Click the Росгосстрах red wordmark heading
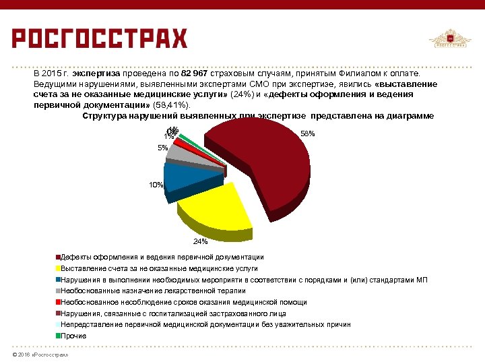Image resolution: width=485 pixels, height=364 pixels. [100, 38]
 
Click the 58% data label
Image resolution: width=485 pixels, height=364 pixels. [307, 134]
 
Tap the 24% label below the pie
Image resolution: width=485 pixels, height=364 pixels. [200, 241]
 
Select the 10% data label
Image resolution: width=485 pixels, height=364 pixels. [156, 184]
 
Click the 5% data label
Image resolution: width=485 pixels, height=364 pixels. [162, 148]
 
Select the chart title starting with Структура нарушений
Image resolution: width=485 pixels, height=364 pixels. [258, 116]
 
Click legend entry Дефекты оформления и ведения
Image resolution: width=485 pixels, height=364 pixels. [162, 257]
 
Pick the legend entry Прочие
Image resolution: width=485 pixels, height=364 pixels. [73, 336]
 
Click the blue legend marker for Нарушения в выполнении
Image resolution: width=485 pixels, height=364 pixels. [59, 280]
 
